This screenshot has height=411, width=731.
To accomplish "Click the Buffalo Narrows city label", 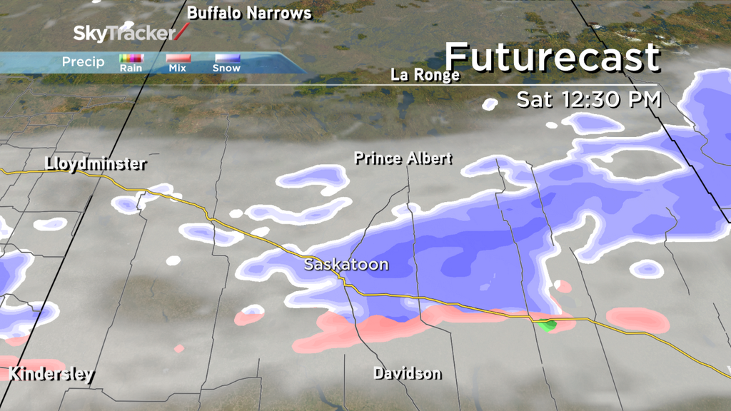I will (x=249, y=14).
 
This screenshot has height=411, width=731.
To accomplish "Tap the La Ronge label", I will (x=425, y=75).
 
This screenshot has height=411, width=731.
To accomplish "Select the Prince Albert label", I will (x=403, y=158).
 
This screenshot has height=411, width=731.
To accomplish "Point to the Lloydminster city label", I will (x=95, y=163).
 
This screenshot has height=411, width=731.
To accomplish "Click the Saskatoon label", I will (x=346, y=265).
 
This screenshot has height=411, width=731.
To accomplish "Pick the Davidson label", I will (x=407, y=373).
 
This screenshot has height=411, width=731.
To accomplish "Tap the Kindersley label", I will (x=51, y=375).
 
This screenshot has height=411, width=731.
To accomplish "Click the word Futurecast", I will (x=553, y=58).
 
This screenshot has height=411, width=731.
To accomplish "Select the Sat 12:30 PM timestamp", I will (x=589, y=99).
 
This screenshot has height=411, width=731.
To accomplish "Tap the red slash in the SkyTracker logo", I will (x=183, y=31).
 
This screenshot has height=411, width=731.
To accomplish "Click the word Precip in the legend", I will (x=83, y=62).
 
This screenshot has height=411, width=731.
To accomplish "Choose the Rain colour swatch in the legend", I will (x=131, y=59).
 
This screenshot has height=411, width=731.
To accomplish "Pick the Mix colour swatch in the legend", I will (x=178, y=59).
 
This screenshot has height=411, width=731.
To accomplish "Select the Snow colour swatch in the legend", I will (x=226, y=59).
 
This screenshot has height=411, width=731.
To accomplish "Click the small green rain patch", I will (x=548, y=325).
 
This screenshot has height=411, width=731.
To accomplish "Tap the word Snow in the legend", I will (x=226, y=68).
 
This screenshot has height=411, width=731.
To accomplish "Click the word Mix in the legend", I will (x=178, y=68).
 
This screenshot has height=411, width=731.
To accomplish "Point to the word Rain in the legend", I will (x=131, y=68).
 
